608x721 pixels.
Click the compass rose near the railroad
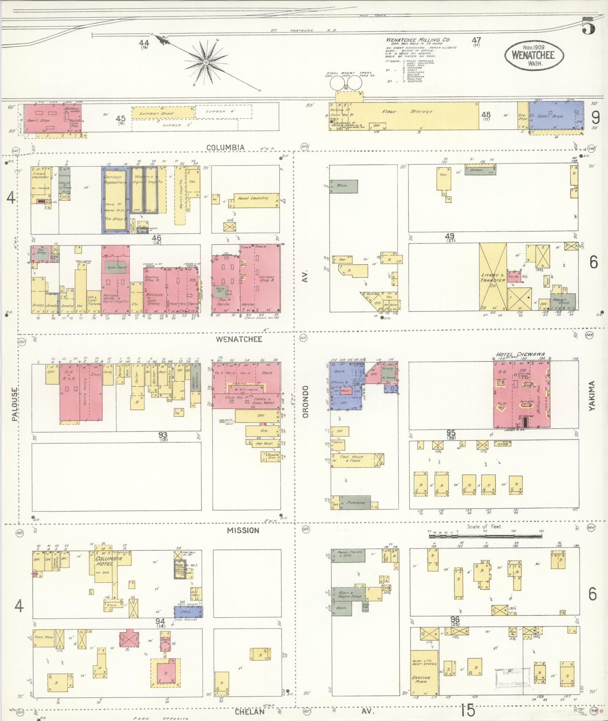(x=206, y=62)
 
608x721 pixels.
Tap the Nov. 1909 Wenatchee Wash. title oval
(x=534, y=55)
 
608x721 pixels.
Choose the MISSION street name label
(x=243, y=531)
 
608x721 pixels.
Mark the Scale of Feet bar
(x=486, y=535)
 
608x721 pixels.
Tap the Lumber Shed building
(x=162, y=112)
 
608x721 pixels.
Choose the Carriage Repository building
(x=115, y=199)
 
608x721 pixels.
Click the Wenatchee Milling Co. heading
(x=418, y=40)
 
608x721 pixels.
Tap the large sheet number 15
(x=467, y=711)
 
